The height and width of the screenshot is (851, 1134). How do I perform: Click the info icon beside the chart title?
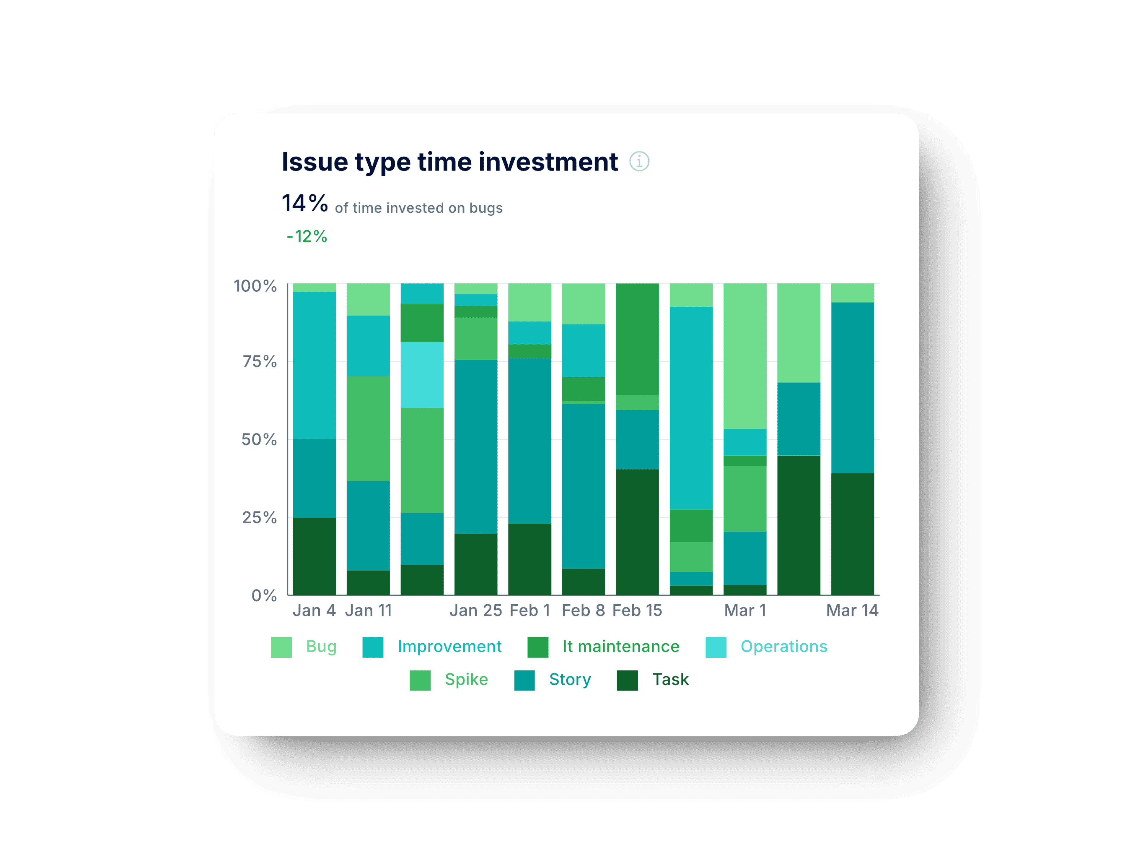tap(639, 162)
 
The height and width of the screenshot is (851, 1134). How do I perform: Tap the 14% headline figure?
tap(304, 204)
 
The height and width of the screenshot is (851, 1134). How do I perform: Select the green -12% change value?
tap(307, 236)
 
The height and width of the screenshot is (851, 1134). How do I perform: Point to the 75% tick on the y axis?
tap(259, 362)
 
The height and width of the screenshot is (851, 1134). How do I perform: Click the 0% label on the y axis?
tap(264, 595)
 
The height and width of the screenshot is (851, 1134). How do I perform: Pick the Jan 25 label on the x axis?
tap(475, 610)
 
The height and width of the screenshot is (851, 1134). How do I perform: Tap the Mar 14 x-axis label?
tap(852, 610)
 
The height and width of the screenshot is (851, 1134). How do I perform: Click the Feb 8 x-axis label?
tap(583, 610)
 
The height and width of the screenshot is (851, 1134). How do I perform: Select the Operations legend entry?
tap(783, 646)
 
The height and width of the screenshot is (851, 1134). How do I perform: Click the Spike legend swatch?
tap(420, 680)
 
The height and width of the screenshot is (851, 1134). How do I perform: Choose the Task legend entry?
tap(670, 680)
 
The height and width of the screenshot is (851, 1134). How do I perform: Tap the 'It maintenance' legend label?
tap(620, 646)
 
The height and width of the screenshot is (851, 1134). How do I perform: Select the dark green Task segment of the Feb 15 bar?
tap(637, 532)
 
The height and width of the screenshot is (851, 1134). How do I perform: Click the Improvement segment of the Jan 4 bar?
tap(314, 365)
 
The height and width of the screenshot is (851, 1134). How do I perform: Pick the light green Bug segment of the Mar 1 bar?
tap(745, 355)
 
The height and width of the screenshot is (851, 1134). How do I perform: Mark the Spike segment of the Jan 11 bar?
tap(368, 428)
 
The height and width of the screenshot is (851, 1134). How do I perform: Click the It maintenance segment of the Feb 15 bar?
tap(637, 339)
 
